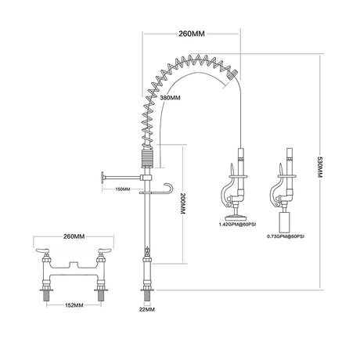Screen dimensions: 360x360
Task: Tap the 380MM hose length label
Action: click(x=170, y=98)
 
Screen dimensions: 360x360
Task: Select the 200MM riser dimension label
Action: click(x=182, y=203)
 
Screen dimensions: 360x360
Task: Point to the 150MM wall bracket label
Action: click(x=123, y=189)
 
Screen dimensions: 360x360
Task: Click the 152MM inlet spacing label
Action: click(x=74, y=305)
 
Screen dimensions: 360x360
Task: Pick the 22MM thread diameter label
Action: click(x=147, y=309)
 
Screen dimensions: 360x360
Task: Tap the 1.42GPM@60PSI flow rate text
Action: click(x=237, y=225)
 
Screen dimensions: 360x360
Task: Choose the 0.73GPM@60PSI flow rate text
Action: click(x=286, y=236)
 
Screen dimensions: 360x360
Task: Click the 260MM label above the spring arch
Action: click(x=192, y=34)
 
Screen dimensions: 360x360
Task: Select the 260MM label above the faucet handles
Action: click(x=74, y=236)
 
